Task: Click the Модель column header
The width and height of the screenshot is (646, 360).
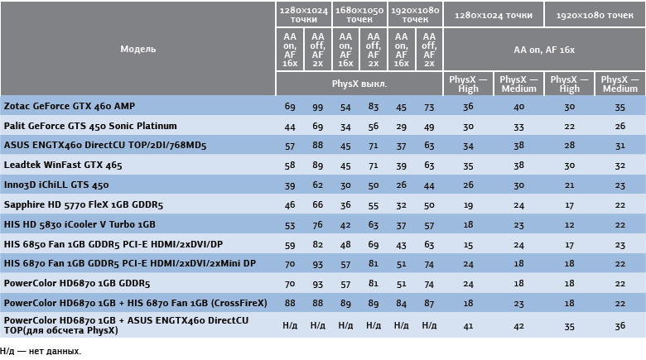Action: [x=137, y=49]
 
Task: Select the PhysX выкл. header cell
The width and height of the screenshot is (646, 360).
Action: [x=359, y=84]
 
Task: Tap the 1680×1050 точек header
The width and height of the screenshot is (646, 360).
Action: [x=359, y=14]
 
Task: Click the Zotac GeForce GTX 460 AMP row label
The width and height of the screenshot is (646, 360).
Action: [x=70, y=107]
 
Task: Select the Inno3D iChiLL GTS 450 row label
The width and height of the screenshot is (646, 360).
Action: [x=56, y=185]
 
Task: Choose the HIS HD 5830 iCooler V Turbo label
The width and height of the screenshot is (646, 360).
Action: [x=80, y=224]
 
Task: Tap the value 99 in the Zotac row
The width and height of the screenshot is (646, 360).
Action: [x=317, y=108]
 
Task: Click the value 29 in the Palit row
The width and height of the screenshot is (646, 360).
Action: [x=401, y=127]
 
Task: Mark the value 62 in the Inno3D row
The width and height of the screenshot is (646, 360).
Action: [x=317, y=185]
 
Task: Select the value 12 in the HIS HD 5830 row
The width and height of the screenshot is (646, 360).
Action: [x=570, y=225]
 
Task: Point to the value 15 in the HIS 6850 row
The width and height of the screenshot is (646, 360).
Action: [x=469, y=245]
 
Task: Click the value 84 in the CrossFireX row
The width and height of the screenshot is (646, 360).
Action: [x=401, y=303]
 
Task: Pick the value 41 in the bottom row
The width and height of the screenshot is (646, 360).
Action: [x=469, y=326]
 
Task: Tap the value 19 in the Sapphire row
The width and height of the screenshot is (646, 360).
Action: [x=469, y=205]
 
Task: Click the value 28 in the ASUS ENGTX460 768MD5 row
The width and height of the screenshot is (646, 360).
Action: [x=570, y=146]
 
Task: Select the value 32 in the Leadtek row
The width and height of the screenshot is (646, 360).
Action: [x=620, y=166]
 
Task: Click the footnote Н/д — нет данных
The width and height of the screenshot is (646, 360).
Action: [x=41, y=352]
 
